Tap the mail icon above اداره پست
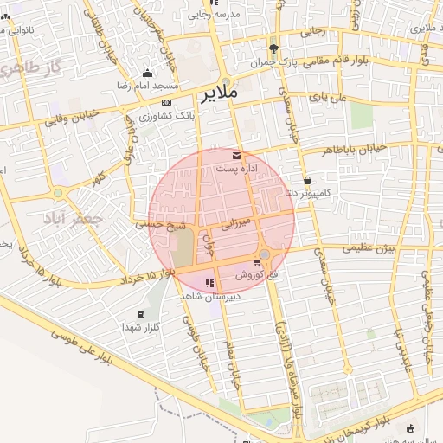tap(237, 156)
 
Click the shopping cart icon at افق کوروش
tap(257, 262)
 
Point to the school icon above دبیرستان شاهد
tap(208, 283)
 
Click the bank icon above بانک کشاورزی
tap(166, 103)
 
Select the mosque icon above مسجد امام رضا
tap(147, 74)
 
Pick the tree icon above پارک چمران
tap(273, 48)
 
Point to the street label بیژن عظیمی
tap(367, 247)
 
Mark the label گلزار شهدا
tap(141, 327)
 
